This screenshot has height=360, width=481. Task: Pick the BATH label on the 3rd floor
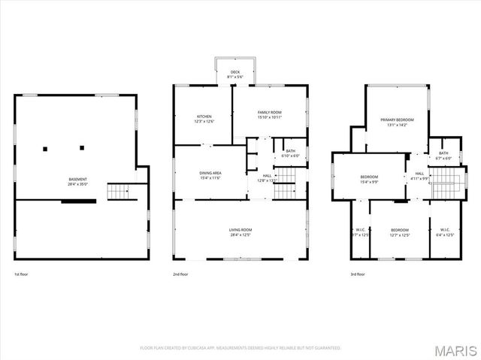(443, 156)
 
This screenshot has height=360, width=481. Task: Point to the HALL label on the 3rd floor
(419, 176)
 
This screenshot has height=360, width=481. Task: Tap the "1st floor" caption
(22, 275)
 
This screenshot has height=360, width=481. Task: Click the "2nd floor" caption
(180, 275)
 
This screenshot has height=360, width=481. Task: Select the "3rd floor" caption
(358, 275)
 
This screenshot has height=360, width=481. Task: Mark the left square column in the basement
(46, 147)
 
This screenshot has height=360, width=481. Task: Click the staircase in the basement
(118, 192)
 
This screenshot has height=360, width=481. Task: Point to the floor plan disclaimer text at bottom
(240, 348)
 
